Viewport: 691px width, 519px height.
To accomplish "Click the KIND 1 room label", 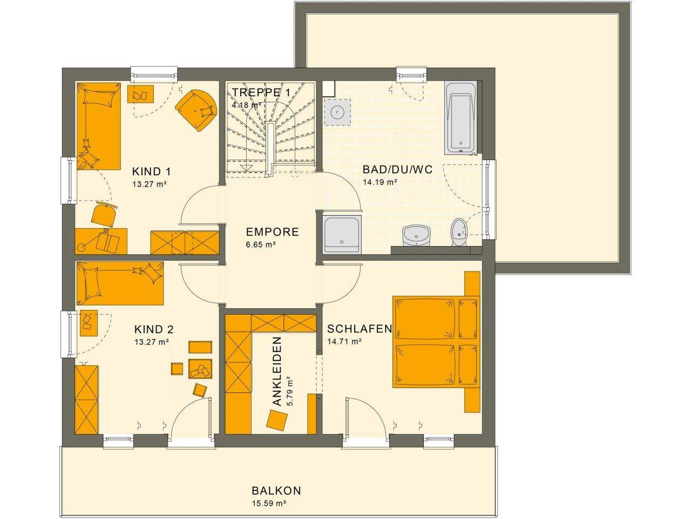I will pyautogui.click(x=151, y=172).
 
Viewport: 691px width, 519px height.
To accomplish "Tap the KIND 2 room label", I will pyautogui.click(x=154, y=329).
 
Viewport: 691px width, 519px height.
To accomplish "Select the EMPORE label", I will pyautogui.click(x=272, y=232).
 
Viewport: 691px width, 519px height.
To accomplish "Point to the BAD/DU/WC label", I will pyautogui.click(x=397, y=170).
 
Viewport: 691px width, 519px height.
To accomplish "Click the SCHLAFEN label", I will pyautogui.click(x=359, y=329).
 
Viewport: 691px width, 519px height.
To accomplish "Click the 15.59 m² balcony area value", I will pyautogui.click(x=268, y=503).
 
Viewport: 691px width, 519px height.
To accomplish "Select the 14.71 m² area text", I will pyautogui.click(x=344, y=341).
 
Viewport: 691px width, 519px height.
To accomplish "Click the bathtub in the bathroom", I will pyautogui.click(x=460, y=116).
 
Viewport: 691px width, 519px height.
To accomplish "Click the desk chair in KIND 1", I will pyautogui.click(x=104, y=215).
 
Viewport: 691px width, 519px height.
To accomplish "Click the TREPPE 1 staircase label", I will pyautogui.click(x=261, y=92).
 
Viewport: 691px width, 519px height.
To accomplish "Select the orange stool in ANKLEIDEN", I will pyautogui.click(x=279, y=420).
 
